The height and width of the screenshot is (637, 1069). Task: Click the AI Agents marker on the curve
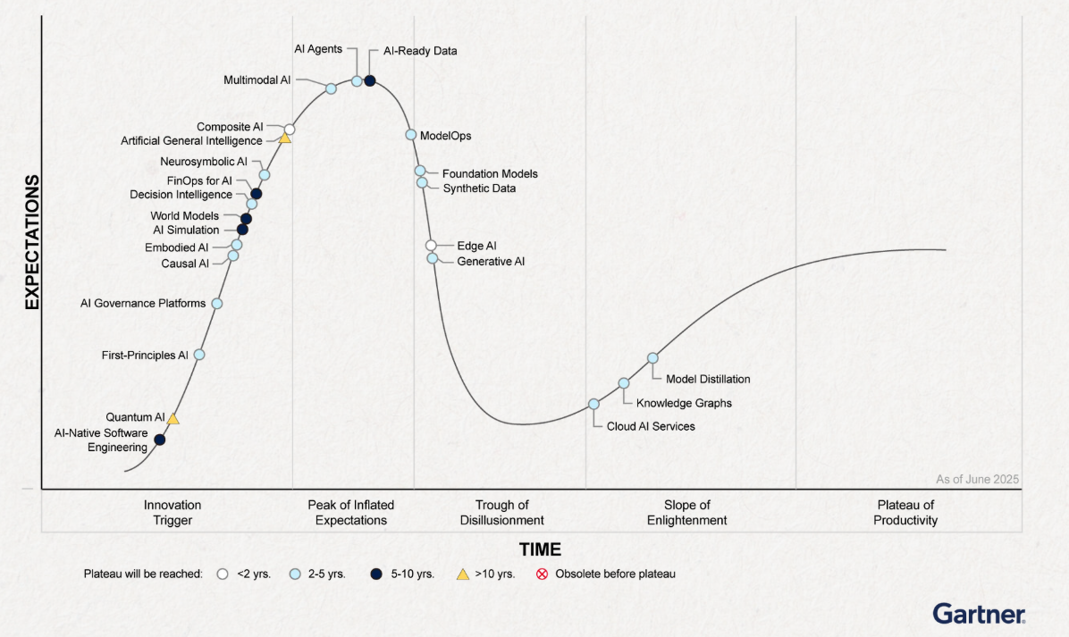coord(357,81)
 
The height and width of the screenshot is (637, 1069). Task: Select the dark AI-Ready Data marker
coord(369,81)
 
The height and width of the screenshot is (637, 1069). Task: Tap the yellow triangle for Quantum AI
coord(173,418)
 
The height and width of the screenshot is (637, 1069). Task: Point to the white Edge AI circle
coord(431,246)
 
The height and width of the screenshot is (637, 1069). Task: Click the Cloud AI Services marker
coord(593,404)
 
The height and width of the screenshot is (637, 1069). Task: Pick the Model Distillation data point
coord(652,357)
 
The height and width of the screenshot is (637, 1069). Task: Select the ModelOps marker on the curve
coord(411,135)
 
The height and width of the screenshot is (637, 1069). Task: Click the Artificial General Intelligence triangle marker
coord(285,138)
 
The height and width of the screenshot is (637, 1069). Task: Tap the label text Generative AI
coord(491,262)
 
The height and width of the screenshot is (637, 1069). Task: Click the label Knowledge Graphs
coord(684,403)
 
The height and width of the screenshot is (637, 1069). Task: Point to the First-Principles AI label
coord(145,355)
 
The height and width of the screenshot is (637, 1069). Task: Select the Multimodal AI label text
coord(257,80)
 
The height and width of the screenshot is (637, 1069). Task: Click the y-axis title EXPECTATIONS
coord(32,242)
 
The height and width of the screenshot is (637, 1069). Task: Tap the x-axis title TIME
coord(540,549)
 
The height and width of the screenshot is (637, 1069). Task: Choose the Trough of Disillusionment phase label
coord(501,512)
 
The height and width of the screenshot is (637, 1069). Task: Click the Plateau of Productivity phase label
coord(905,512)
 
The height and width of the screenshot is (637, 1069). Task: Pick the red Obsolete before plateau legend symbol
coord(542,574)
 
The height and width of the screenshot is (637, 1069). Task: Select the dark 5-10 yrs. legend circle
coord(376,574)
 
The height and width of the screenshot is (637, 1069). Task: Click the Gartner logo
coord(979,613)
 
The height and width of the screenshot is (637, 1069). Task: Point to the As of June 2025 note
coord(977,480)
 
